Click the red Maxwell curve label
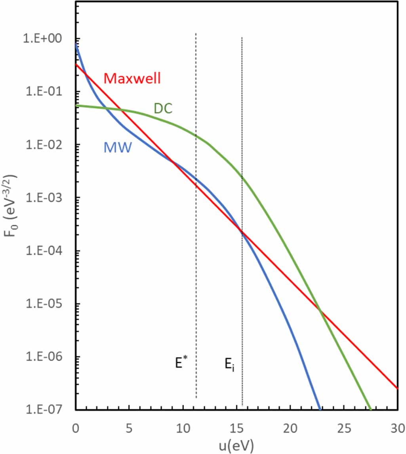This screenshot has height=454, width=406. click(132, 78)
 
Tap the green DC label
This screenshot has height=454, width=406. click(163, 108)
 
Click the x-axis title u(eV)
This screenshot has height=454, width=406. click(237, 446)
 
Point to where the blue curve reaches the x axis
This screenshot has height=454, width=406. click(320, 409)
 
